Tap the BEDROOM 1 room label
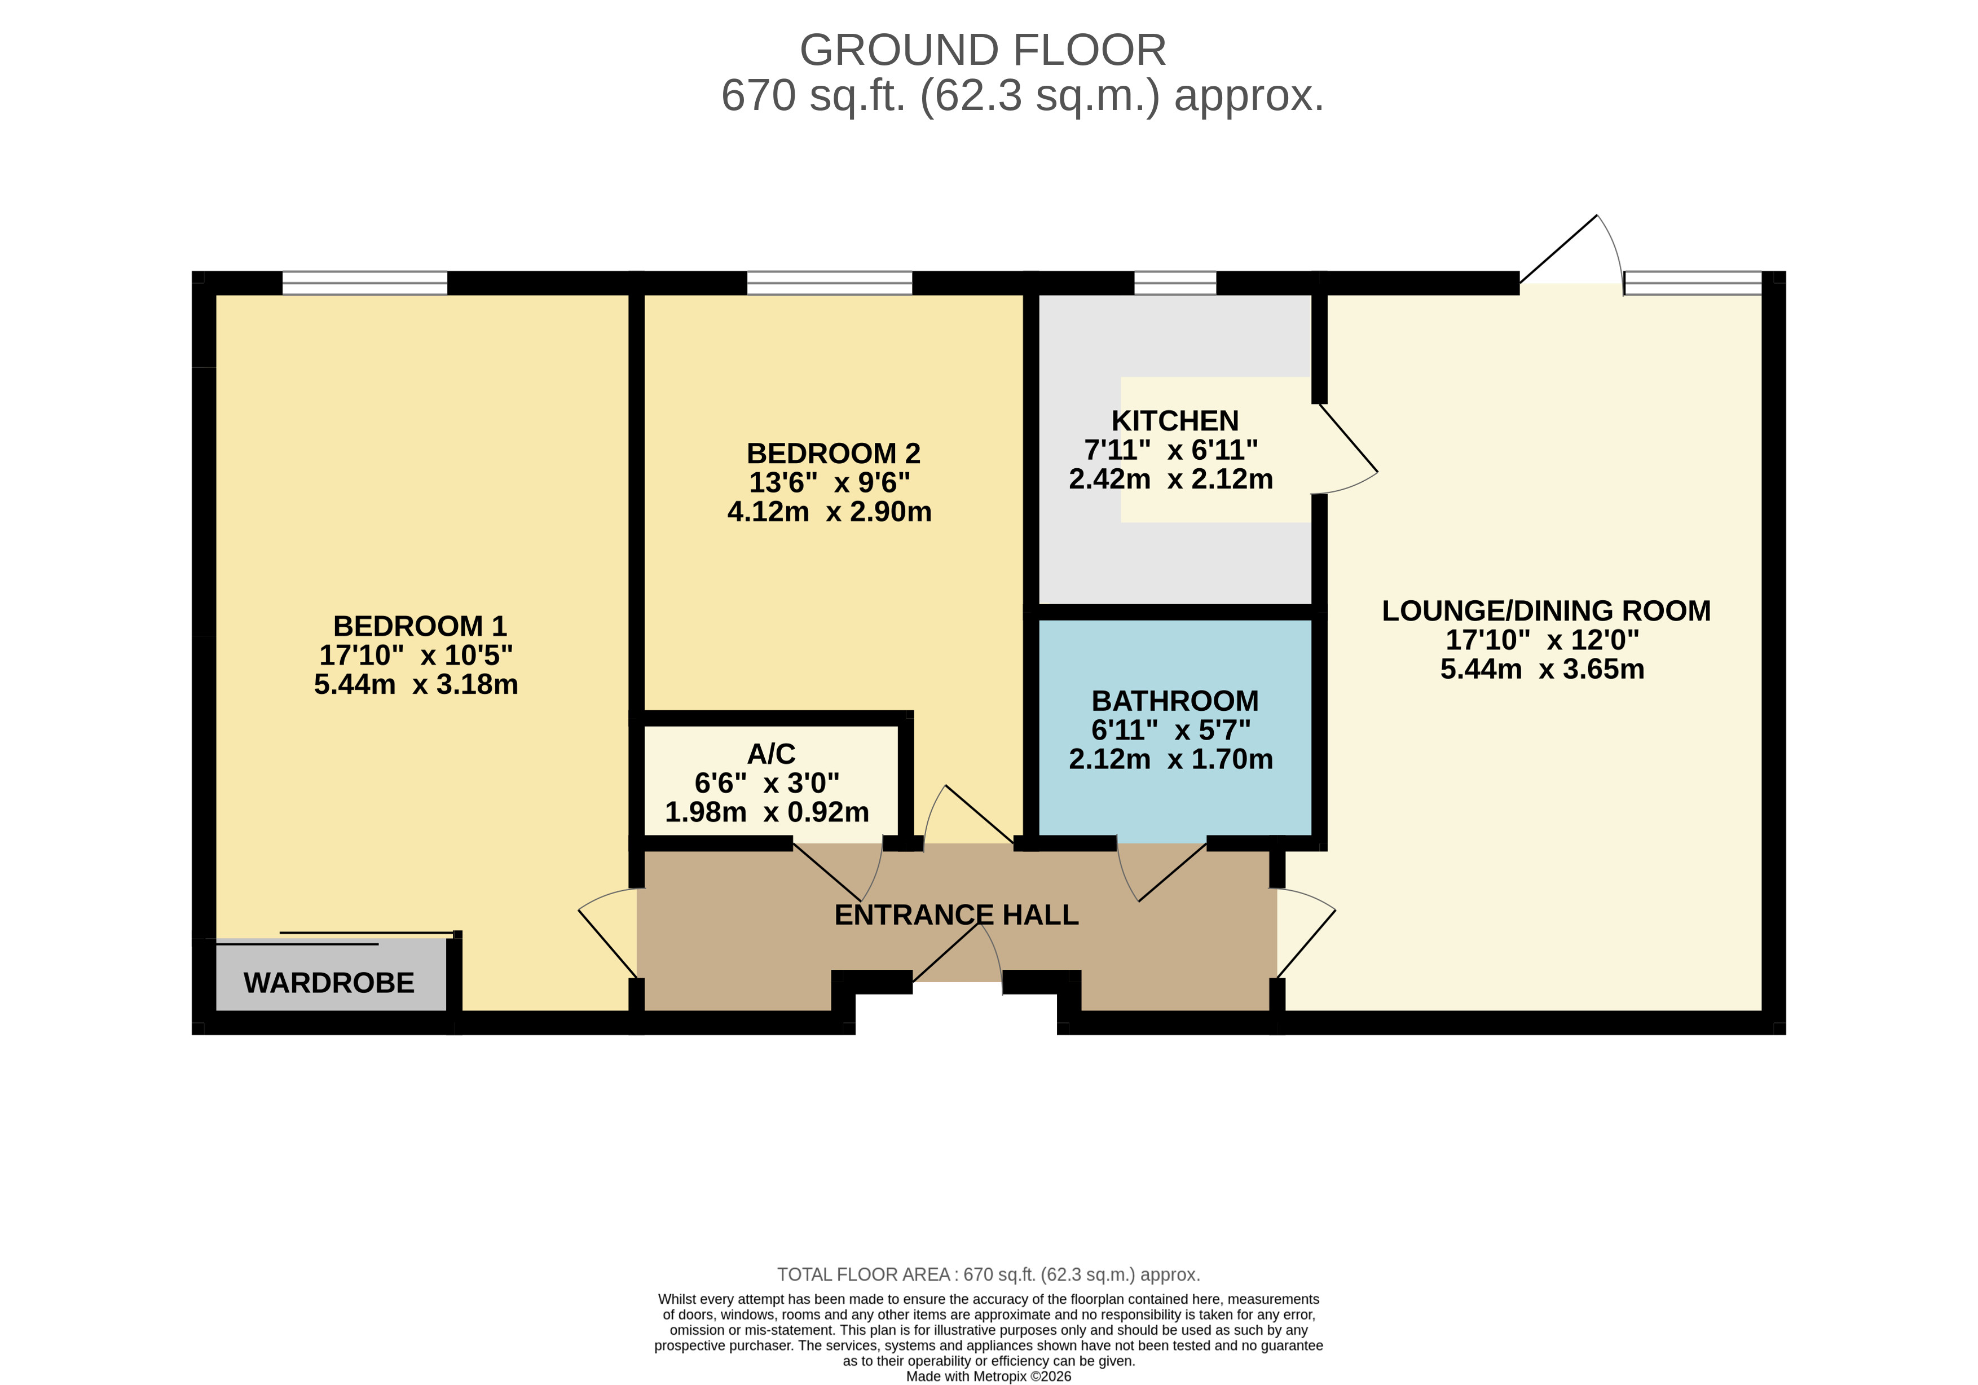420,625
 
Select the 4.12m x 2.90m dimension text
829,511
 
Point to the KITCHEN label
1174,421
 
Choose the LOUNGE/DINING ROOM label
1545,610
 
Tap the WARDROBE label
328,983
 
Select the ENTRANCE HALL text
955,914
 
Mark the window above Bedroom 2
829,283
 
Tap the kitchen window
1174,283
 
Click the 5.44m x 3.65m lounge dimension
1541,669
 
